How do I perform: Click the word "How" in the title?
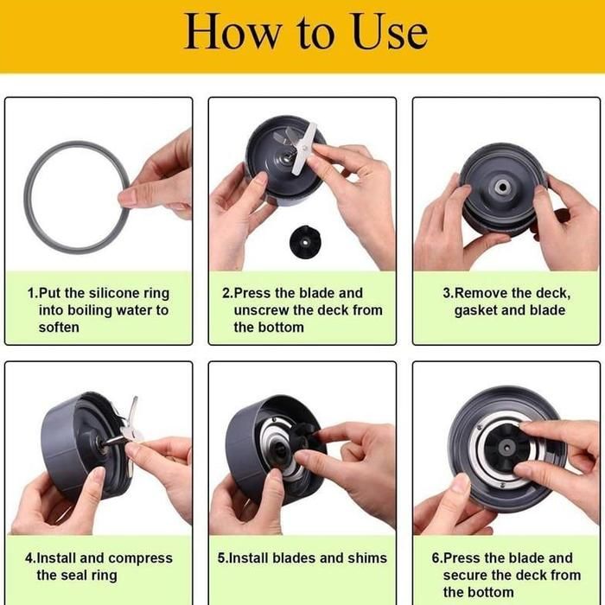(232, 31)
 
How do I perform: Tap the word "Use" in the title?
(390, 31)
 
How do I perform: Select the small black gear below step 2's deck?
(305, 242)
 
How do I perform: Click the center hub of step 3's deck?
(502, 188)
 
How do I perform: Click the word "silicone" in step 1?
(114, 293)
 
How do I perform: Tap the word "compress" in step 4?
(140, 558)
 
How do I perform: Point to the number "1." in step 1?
(33, 293)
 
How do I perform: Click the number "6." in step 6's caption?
(437, 558)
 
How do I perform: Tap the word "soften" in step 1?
(59, 328)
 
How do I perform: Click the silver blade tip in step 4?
(135, 398)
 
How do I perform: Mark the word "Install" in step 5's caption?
(249, 558)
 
